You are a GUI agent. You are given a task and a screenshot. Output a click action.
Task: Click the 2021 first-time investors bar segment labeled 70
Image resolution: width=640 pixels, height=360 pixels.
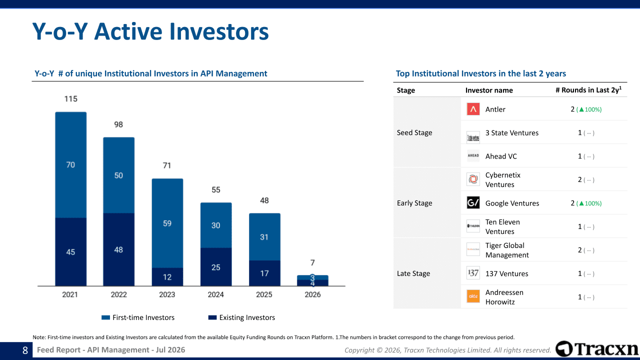(x=71, y=165)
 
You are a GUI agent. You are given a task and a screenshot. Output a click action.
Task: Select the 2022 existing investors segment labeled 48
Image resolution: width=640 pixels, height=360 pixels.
(x=119, y=249)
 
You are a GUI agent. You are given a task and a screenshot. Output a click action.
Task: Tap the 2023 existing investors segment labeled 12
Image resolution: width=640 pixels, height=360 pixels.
(x=167, y=277)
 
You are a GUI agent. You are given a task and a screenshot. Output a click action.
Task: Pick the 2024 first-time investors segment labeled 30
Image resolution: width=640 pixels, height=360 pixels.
(x=216, y=225)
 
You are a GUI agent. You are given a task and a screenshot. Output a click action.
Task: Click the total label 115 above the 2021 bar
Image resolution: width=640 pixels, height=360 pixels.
(x=71, y=99)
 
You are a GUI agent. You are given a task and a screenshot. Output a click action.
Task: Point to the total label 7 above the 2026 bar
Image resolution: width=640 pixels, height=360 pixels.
(x=312, y=262)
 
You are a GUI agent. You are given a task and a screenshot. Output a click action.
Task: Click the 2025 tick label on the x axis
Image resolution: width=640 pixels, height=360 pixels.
(x=264, y=294)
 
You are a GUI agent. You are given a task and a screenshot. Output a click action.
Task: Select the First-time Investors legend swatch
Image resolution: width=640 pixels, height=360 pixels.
(x=105, y=317)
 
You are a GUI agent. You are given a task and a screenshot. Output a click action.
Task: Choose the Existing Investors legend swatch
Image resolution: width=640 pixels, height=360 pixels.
(x=212, y=317)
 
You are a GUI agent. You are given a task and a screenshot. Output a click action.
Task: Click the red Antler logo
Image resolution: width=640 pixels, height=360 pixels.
(x=473, y=109)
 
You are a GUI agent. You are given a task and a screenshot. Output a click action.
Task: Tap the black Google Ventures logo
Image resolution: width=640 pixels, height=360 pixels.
(x=473, y=203)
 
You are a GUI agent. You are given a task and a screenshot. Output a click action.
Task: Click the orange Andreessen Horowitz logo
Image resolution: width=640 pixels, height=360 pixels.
(x=473, y=296)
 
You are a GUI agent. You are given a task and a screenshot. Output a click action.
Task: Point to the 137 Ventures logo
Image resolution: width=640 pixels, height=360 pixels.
(x=473, y=273)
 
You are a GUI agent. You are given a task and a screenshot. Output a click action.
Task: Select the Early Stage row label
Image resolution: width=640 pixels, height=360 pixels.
(x=414, y=203)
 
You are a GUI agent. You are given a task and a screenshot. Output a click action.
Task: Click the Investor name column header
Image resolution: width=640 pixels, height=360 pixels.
(x=489, y=90)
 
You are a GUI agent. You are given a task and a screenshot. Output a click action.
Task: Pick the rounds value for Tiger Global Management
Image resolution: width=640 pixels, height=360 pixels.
(x=580, y=250)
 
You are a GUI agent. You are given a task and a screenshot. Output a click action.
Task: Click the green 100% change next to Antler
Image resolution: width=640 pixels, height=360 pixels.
(x=589, y=109)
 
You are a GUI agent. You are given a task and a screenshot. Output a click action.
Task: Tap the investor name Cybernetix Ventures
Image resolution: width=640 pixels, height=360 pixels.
(x=503, y=179)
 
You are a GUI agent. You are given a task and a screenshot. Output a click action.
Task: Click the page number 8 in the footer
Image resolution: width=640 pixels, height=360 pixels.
(x=25, y=350)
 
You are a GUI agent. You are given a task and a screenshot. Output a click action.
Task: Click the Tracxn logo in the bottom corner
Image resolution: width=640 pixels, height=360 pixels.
(x=597, y=349)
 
